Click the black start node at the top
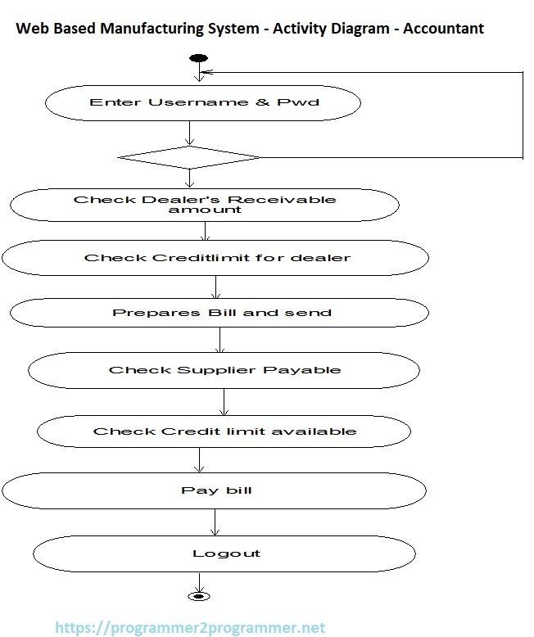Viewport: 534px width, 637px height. pyautogui.click(x=198, y=58)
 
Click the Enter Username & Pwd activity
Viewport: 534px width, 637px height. pyautogui.click(x=202, y=103)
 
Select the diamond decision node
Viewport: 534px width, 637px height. pyautogui.click(x=189, y=156)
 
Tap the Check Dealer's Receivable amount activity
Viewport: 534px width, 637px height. pyautogui.click(x=204, y=205)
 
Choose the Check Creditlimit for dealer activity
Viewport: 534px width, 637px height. pyautogui.click(x=215, y=258)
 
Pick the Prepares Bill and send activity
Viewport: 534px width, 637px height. pyautogui.click(x=219, y=313)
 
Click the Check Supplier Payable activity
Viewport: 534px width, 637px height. pyautogui.click(x=224, y=370)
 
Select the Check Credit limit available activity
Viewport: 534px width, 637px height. pyautogui.click(x=224, y=431)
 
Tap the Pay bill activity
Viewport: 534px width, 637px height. pyautogui.click(x=215, y=490)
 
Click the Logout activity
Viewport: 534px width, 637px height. pyautogui.click(x=225, y=553)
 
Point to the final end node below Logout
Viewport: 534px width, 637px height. pyautogui.click(x=197, y=596)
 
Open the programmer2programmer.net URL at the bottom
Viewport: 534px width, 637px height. pyautogui.click(x=190, y=628)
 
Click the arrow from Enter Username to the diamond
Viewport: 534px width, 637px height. pyautogui.click(x=189, y=133)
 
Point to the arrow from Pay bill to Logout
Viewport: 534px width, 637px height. pyautogui.click(x=215, y=522)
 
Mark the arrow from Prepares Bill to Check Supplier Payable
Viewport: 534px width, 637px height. pyautogui.click(x=220, y=340)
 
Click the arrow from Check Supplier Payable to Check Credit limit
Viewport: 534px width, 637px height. pyautogui.click(x=224, y=401)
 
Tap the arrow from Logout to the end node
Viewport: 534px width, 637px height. pyautogui.click(x=197, y=582)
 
